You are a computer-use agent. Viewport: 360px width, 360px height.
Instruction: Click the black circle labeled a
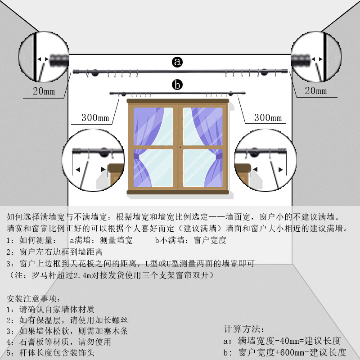[178, 62]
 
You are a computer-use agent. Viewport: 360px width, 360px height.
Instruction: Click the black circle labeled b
[178, 84]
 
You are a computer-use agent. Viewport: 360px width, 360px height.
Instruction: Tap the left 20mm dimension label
[44, 91]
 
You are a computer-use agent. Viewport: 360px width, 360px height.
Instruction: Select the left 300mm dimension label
[95, 118]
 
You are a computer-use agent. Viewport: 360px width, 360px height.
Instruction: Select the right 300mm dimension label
[268, 118]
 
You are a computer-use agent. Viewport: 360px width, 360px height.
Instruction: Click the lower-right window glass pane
[202, 167]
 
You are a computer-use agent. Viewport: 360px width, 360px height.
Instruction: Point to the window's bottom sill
[178, 192]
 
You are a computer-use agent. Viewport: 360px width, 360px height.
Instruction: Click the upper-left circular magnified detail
[44, 58]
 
